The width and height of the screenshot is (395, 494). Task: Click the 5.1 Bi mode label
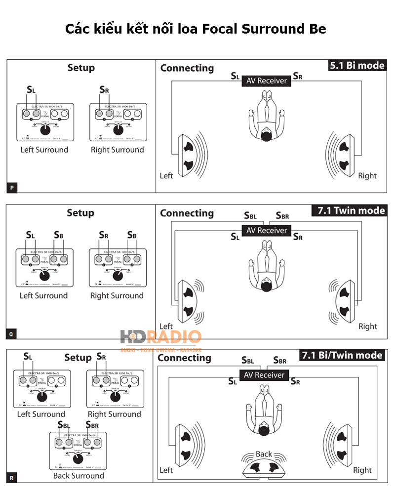point(356,66)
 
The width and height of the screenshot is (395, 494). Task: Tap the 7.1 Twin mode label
point(349,211)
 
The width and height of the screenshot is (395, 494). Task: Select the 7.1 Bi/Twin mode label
point(342,355)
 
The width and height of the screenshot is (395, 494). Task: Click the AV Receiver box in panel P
point(266,81)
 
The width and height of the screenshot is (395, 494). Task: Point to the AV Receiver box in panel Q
point(266,230)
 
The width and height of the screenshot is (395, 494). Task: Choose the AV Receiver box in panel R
point(264,375)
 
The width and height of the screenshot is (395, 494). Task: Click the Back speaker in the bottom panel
point(264,466)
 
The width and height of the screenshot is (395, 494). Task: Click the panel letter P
point(11,188)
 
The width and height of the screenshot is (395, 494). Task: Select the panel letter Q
point(11,334)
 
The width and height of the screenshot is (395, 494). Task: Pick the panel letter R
point(11,478)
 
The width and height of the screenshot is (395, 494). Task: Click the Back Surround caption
point(79,476)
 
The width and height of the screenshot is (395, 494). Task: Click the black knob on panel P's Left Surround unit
point(45,130)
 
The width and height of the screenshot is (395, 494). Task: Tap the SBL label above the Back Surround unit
point(63,425)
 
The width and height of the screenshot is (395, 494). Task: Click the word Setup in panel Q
point(80,213)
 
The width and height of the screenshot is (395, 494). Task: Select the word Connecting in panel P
point(187,68)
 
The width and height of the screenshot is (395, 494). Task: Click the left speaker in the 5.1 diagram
point(188,156)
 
